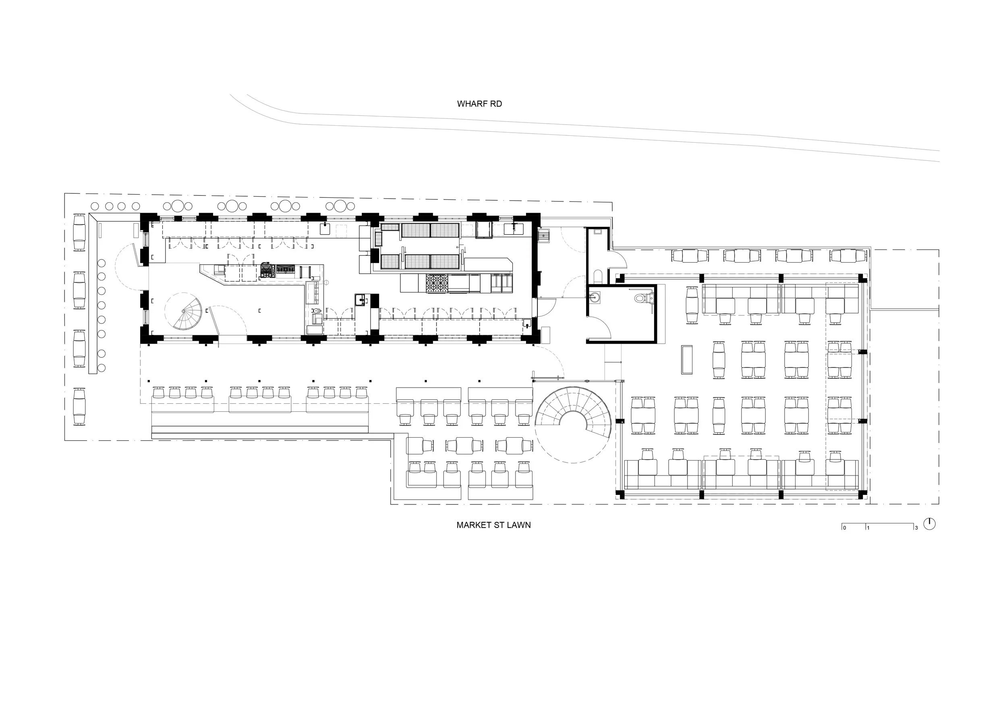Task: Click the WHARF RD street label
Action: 479,104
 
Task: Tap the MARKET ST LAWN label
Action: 493,525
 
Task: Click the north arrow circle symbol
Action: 929,524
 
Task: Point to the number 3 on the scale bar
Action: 916,528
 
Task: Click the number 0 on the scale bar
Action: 845,528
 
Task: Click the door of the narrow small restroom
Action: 618,259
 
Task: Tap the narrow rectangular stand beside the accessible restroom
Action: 686,360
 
